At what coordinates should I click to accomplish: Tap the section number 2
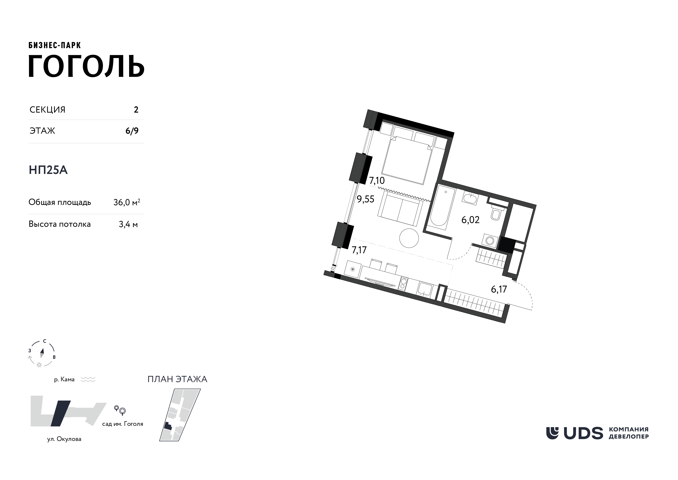[136, 110]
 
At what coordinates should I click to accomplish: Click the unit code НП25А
[48, 170]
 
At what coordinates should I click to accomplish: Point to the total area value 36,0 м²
[127, 202]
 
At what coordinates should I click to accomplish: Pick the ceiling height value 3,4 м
[128, 224]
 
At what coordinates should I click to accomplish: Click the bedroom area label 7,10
[377, 180]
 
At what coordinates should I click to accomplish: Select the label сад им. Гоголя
[123, 424]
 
